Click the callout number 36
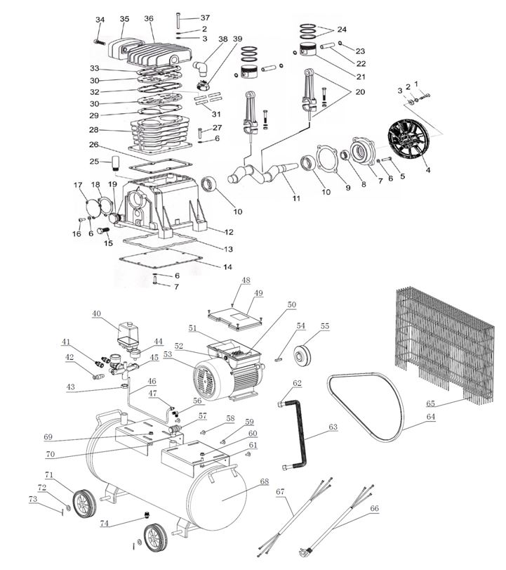click(148, 18)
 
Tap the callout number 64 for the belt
click(429, 416)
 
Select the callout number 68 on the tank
click(264, 481)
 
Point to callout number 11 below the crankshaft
click(296, 199)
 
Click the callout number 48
click(246, 280)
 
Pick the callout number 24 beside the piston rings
click(341, 30)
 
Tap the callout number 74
click(103, 523)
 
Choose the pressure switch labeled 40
click(128, 332)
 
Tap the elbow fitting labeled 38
click(201, 67)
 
